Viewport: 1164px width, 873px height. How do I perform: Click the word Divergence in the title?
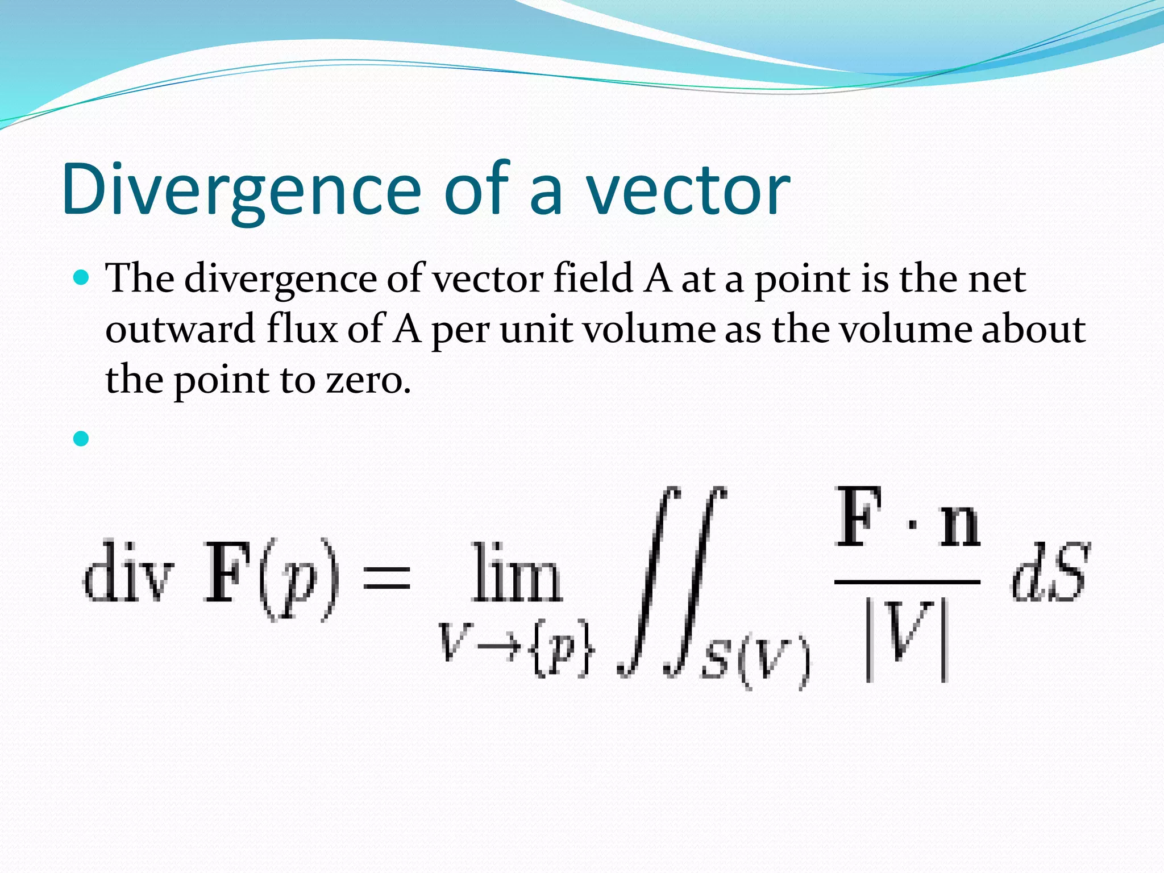point(242,190)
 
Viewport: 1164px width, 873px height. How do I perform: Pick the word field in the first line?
point(593,278)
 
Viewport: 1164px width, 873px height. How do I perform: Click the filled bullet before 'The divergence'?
point(82,278)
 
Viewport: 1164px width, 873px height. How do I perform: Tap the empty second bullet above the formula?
point(82,438)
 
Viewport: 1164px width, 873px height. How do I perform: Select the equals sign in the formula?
point(387,574)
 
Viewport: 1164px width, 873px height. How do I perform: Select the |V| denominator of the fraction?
point(907,639)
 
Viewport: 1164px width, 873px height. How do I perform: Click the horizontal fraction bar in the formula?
point(907,582)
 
